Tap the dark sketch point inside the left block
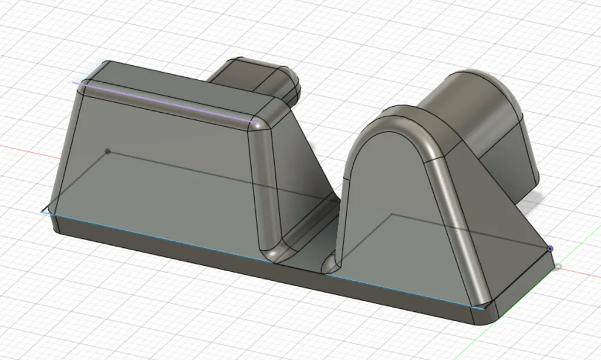107,152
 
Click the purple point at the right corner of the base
550,249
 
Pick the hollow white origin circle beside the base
558,267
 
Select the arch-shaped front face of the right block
393,211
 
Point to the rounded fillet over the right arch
405,123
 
